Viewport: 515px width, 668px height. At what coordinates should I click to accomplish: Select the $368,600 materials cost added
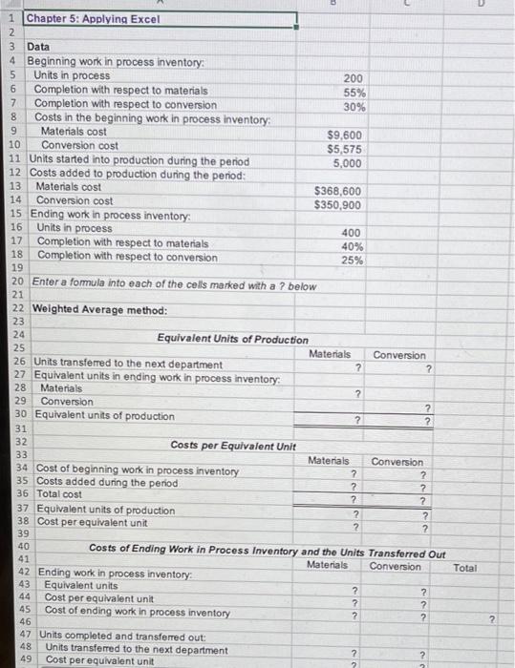(x=338, y=191)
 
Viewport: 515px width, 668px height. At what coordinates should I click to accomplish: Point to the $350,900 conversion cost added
(x=338, y=204)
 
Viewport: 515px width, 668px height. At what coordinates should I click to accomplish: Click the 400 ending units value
(x=352, y=232)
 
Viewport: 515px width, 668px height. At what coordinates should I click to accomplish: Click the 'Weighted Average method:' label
(x=87, y=310)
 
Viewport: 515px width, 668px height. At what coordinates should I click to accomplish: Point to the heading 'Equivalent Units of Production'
(x=233, y=339)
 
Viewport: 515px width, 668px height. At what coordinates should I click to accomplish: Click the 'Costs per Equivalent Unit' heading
(x=233, y=445)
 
